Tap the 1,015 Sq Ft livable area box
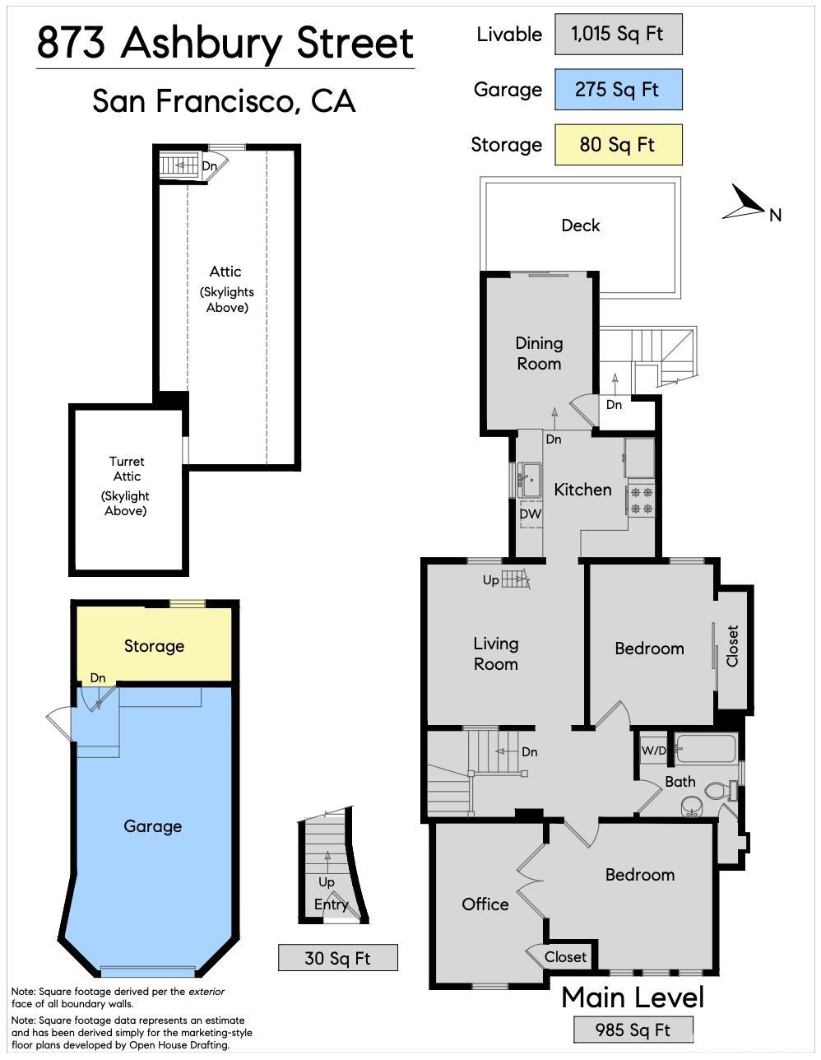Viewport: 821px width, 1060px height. coord(618,34)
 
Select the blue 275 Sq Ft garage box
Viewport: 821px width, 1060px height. coord(618,89)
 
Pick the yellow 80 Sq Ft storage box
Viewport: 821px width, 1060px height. coord(618,144)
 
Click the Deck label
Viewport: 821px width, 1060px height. coord(580,225)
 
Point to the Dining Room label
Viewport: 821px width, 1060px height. coord(539,354)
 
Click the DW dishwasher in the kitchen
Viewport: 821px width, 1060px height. coord(530,514)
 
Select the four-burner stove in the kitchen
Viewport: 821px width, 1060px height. coord(641,500)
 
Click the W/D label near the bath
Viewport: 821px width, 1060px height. coord(653,751)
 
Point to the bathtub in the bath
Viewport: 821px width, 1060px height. coord(706,749)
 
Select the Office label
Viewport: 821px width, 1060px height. coord(485,904)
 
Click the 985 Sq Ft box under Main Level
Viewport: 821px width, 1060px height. coord(633,1030)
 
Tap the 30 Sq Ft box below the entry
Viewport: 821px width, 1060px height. coord(338,958)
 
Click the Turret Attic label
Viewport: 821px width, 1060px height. coord(127,469)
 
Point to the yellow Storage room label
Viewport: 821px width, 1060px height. coord(154,646)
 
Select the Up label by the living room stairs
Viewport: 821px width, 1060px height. coord(491,580)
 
